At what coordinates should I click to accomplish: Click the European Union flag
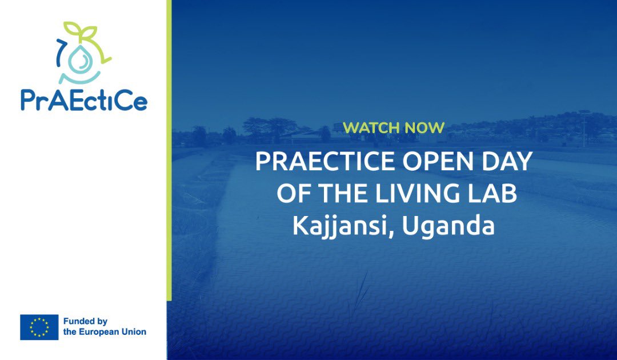39,327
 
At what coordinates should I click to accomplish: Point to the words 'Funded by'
85,322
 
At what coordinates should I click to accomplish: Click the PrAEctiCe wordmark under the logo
84,100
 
